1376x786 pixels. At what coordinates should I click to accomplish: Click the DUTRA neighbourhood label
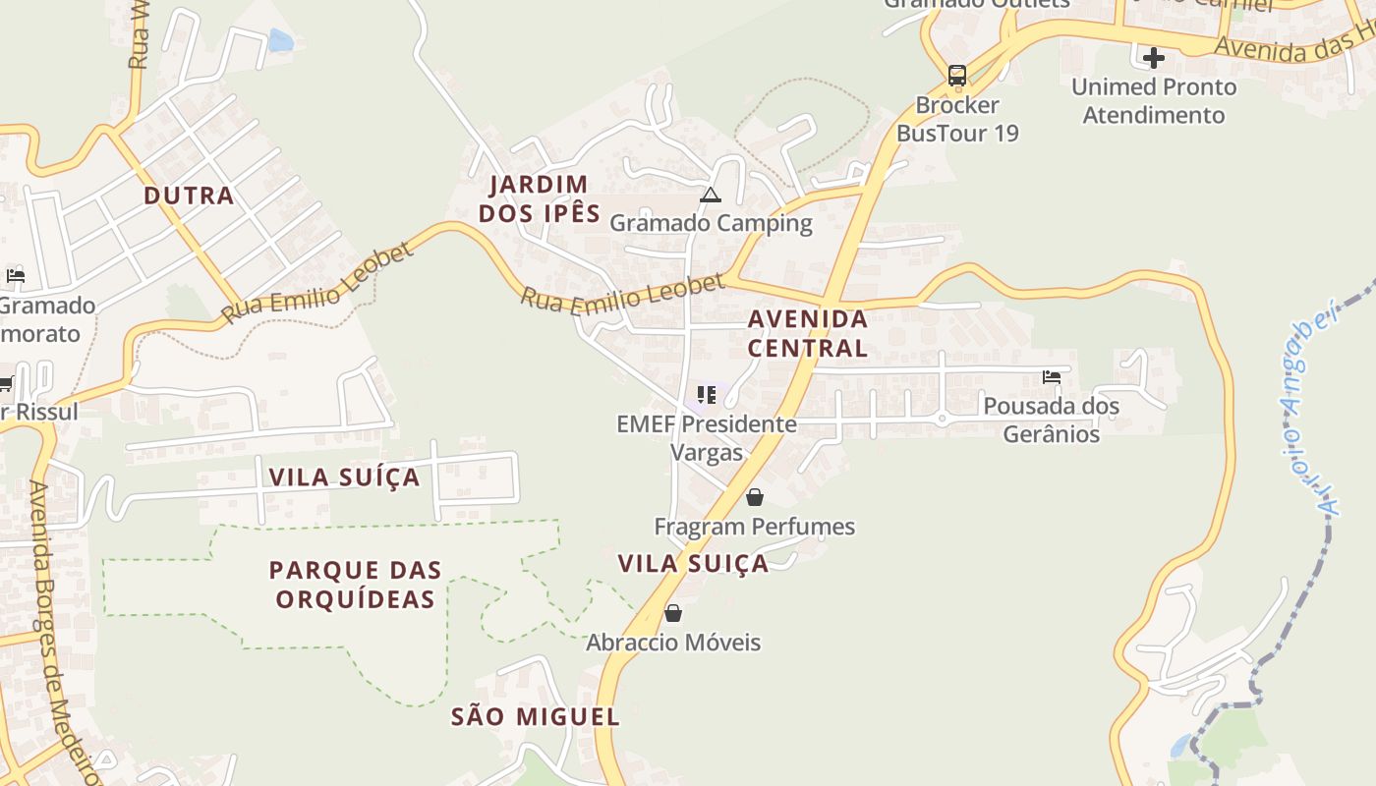click(189, 196)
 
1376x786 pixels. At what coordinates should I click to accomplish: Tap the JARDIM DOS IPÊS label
click(539, 198)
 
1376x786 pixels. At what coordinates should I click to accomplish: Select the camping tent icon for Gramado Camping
click(711, 195)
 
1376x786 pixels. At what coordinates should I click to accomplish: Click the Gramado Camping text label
click(711, 223)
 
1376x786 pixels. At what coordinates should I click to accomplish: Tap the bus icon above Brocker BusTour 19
click(956, 76)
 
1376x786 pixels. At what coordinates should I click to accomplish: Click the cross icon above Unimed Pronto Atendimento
click(1154, 57)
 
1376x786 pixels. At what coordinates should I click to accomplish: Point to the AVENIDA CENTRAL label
click(807, 333)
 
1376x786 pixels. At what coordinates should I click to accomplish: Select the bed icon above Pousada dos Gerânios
click(1051, 377)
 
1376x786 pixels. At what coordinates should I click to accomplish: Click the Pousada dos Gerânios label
click(1051, 420)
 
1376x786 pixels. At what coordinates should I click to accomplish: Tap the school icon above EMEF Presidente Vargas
click(706, 395)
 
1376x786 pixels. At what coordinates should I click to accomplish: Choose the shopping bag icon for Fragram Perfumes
click(754, 497)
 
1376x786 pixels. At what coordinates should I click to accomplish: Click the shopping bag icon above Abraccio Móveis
click(672, 613)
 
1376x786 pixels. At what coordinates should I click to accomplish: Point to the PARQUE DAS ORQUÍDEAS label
click(355, 585)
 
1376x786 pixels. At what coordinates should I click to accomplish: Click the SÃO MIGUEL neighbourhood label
click(535, 717)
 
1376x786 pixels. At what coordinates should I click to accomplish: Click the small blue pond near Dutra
click(281, 40)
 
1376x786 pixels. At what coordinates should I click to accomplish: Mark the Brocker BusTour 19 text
click(957, 119)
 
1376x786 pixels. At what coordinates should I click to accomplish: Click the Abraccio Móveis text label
click(673, 643)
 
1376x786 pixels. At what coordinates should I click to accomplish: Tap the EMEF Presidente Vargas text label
click(706, 438)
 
